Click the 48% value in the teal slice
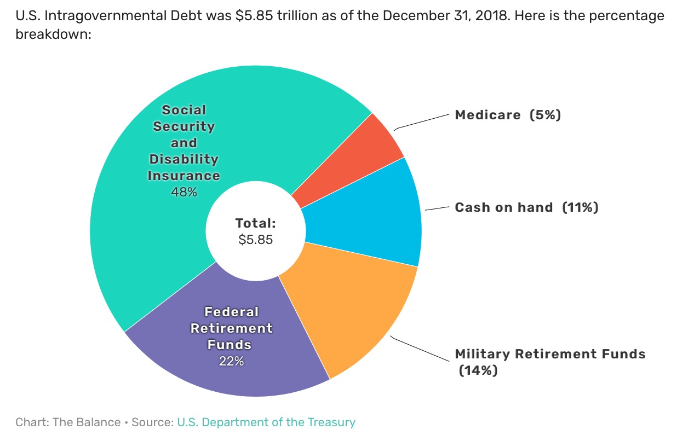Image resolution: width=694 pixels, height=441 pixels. tap(183, 192)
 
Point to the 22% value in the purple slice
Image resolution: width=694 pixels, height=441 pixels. tap(231, 361)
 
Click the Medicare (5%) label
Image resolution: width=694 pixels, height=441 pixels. tap(508, 115)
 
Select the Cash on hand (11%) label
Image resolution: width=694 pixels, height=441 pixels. tap(526, 207)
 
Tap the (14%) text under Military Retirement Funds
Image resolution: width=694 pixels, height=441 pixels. tap(478, 370)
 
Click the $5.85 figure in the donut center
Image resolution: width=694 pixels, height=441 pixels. tap(255, 239)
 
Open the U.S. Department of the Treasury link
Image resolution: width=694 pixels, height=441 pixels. tap(266, 422)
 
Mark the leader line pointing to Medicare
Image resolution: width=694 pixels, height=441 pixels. tap(422, 122)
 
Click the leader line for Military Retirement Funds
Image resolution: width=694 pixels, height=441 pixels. tap(419, 348)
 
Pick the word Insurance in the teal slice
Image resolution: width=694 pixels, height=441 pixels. tap(183, 176)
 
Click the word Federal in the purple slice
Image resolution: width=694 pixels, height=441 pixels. tap(231, 312)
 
